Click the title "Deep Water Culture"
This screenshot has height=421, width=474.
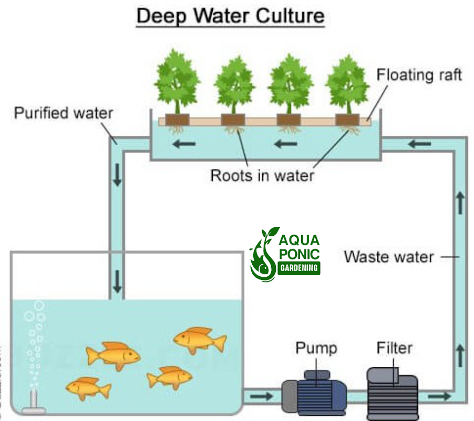point(230,16)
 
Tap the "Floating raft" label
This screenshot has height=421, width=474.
point(419,75)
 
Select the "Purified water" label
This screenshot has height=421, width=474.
point(63,113)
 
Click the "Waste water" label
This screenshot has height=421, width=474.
point(388,257)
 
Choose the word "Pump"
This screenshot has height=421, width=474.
point(316,348)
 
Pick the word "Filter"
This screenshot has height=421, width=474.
point(394,348)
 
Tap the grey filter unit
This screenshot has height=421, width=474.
point(393,393)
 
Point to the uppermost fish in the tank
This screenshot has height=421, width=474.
point(200,340)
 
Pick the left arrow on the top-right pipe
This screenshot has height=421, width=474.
point(419,143)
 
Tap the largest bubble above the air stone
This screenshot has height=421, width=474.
point(39,306)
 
